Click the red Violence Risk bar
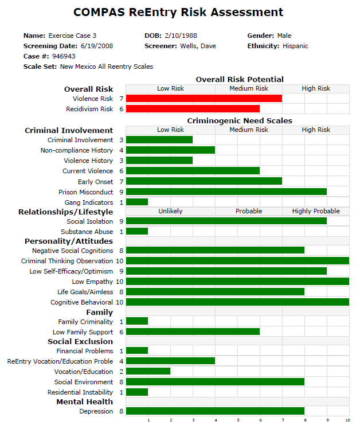click(x=204, y=99)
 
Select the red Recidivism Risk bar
click(x=193, y=109)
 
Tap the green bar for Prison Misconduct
click(x=226, y=192)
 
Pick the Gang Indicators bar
click(x=137, y=202)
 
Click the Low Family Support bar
click(x=193, y=331)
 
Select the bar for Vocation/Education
click(x=148, y=372)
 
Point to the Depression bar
click(x=215, y=411)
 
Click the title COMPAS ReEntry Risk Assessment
click(x=178, y=12)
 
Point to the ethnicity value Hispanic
click(x=295, y=46)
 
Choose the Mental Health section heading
click(x=84, y=401)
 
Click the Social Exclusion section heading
click(x=80, y=341)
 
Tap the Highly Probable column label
click(x=316, y=211)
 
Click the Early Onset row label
click(x=95, y=182)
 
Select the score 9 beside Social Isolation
click(x=121, y=221)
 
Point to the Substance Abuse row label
click(x=87, y=232)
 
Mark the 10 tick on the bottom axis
click(x=348, y=420)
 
